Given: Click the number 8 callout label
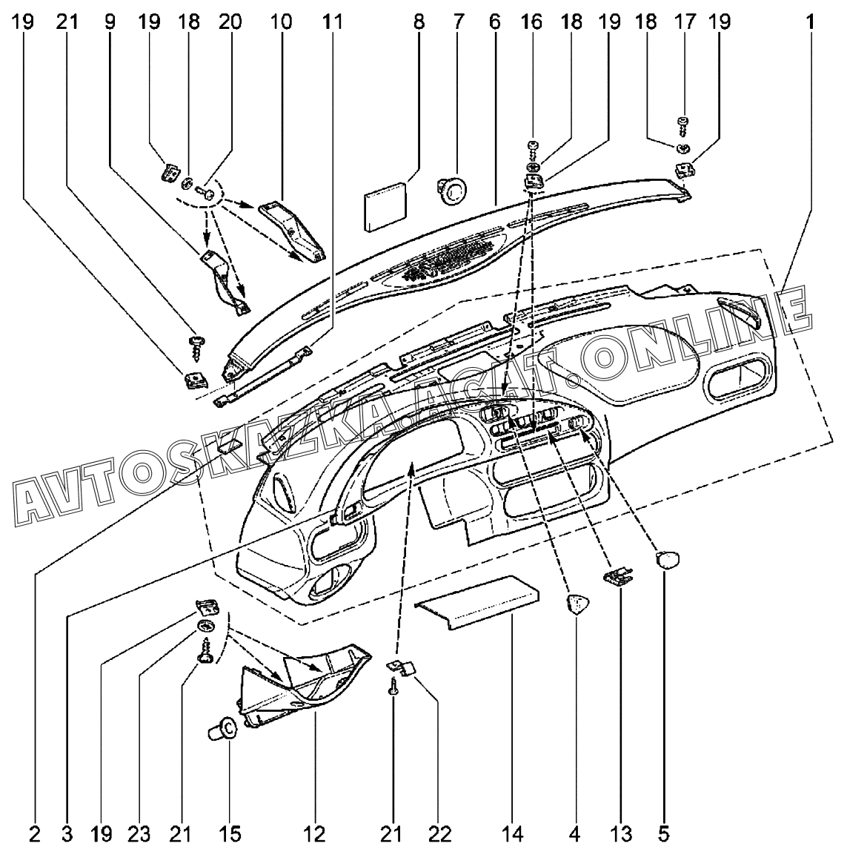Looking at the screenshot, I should click(x=419, y=22).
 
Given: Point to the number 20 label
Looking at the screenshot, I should click(x=230, y=22).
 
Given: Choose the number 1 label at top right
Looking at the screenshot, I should click(x=812, y=22).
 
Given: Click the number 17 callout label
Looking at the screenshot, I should click(x=685, y=22).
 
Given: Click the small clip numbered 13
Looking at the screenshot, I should click(x=618, y=576).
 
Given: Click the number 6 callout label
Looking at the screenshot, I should click(x=494, y=22).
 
